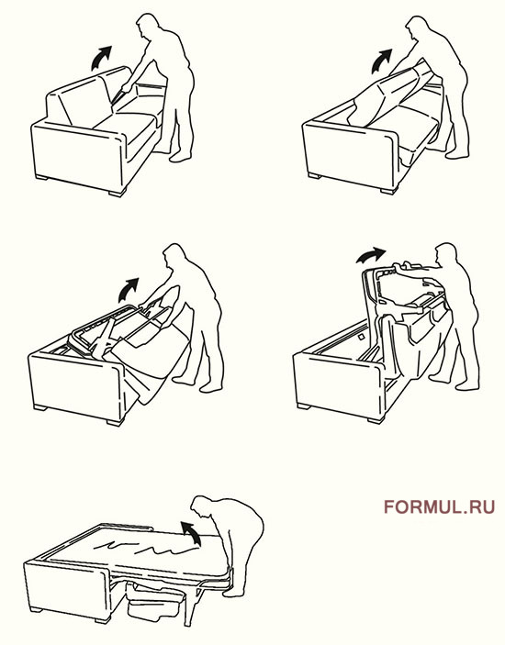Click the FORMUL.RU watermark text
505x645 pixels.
pyautogui.click(x=439, y=506)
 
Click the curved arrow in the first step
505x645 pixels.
pyautogui.click(x=100, y=59)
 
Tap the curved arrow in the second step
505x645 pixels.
pyautogui.click(x=380, y=61)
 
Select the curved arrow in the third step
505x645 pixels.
pyautogui.click(x=128, y=290)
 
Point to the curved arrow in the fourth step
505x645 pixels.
pyautogui.click(x=370, y=255)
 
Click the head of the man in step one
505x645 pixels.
pyautogui.click(x=147, y=26)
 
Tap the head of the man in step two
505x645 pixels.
pyautogui.click(x=416, y=28)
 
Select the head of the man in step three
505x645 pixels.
pyautogui.click(x=174, y=255)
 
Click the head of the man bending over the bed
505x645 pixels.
pyautogui.click(x=204, y=510)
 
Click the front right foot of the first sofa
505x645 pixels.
pyautogui.click(x=118, y=193)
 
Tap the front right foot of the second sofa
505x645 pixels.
pyautogui.click(x=389, y=191)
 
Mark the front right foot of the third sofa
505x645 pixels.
pyautogui.click(x=116, y=422)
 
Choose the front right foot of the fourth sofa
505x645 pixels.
pyautogui.click(x=376, y=419)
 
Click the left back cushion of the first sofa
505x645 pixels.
pyautogui.click(x=79, y=103)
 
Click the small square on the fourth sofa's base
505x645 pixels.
pyautogui.click(x=361, y=337)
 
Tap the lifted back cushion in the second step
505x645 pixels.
pyautogui.click(x=391, y=94)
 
